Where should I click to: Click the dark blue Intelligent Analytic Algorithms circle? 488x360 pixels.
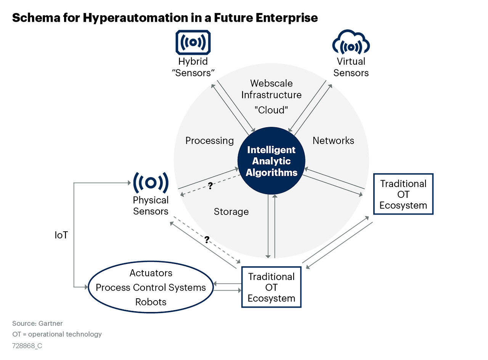click(271, 161)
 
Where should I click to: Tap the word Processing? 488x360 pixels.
click(209, 141)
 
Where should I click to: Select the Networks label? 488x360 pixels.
click(333, 141)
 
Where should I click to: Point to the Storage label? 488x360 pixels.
click(231, 211)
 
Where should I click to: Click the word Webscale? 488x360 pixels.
click(271, 83)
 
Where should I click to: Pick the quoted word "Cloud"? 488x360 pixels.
click(271, 110)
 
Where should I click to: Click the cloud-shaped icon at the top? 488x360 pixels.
click(351, 43)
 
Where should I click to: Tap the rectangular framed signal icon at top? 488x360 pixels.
click(193, 42)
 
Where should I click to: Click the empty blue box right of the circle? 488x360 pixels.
click(403, 194)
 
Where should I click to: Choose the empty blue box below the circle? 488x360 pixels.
click(271, 287)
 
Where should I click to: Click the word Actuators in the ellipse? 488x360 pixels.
click(151, 273)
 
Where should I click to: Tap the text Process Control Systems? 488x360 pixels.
click(151, 288)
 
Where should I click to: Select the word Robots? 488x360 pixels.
click(151, 302)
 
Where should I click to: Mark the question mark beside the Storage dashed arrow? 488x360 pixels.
click(210, 186)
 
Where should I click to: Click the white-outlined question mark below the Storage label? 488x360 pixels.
click(206, 240)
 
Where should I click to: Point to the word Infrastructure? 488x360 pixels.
click(271, 95)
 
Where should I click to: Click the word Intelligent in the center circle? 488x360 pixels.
click(271, 150)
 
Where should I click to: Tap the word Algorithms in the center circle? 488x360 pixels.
click(271, 173)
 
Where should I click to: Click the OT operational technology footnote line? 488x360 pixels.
click(57, 334)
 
